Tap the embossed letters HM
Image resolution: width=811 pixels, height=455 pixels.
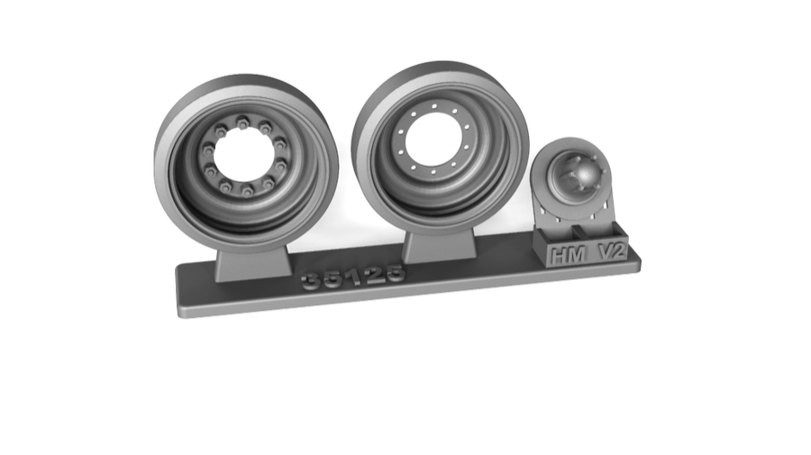[567, 255]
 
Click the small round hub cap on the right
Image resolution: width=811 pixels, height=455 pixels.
[577, 174]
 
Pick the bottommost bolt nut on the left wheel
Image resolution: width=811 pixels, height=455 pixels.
[247, 191]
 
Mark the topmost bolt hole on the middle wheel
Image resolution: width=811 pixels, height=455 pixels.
[433, 106]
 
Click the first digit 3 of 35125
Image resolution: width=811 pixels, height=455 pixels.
[313, 282]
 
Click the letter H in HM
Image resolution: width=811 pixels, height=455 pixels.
[558, 256]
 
